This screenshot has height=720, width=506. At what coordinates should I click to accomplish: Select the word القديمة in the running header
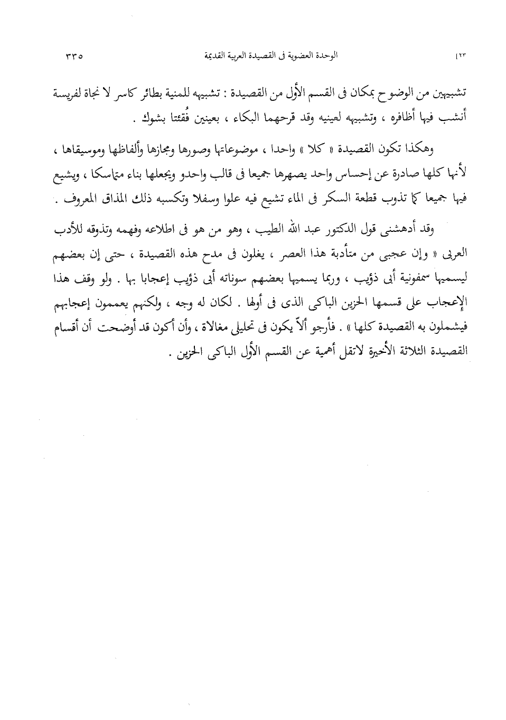204,55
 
